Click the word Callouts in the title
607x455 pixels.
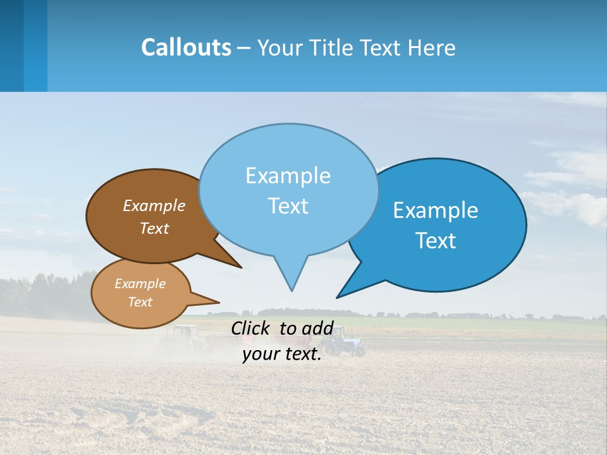click(x=186, y=47)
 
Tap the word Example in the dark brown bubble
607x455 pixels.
click(x=154, y=206)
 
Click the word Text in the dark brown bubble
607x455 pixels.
click(x=154, y=228)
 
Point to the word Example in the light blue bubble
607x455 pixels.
click(x=288, y=176)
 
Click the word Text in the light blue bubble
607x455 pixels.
click(x=288, y=206)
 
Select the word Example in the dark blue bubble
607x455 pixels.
click(x=436, y=210)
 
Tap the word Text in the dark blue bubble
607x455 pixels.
click(x=436, y=241)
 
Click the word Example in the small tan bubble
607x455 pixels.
click(x=140, y=284)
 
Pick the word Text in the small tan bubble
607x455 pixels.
click(x=140, y=302)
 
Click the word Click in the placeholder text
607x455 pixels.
click(x=252, y=328)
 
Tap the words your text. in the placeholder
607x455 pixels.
click(x=282, y=354)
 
